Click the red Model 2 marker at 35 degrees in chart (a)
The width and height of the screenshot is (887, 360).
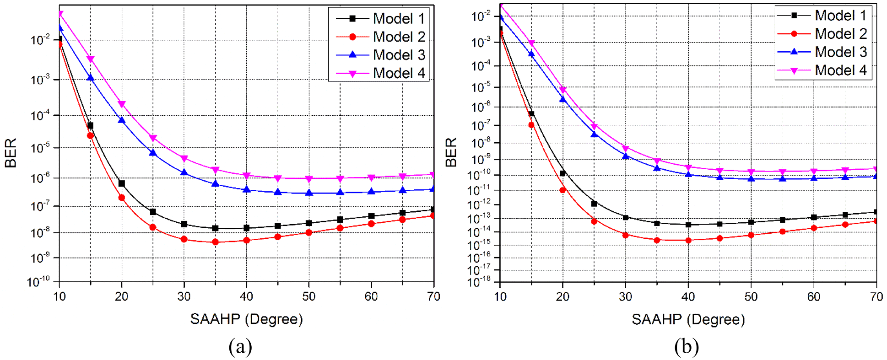click(x=215, y=242)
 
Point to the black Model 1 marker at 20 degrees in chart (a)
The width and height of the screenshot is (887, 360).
click(x=122, y=183)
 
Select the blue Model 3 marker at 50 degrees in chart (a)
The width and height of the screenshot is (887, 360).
click(x=309, y=193)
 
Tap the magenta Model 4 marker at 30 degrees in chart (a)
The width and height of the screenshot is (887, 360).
click(x=184, y=159)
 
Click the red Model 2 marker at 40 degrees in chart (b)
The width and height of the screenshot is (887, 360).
click(x=688, y=240)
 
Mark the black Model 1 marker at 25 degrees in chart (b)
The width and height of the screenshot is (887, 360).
click(x=594, y=204)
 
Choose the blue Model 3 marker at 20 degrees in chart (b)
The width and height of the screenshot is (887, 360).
click(x=563, y=99)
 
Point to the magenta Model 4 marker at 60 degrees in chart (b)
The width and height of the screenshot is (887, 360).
click(x=814, y=172)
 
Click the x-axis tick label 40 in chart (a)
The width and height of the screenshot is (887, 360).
click(x=246, y=296)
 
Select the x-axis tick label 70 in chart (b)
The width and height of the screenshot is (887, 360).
click(x=876, y=296)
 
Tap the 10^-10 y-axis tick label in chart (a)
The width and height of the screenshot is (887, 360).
click(x=39, y=281)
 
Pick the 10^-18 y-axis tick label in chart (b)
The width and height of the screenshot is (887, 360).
click(x=480, y=281)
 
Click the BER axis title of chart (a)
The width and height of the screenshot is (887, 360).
click(x=10, y=153)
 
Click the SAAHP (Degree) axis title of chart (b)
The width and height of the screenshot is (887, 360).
click(x=688, y=319)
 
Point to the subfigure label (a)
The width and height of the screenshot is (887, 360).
click(x=240, y=347)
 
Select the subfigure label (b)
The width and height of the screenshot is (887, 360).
click(x=687, y=347)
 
